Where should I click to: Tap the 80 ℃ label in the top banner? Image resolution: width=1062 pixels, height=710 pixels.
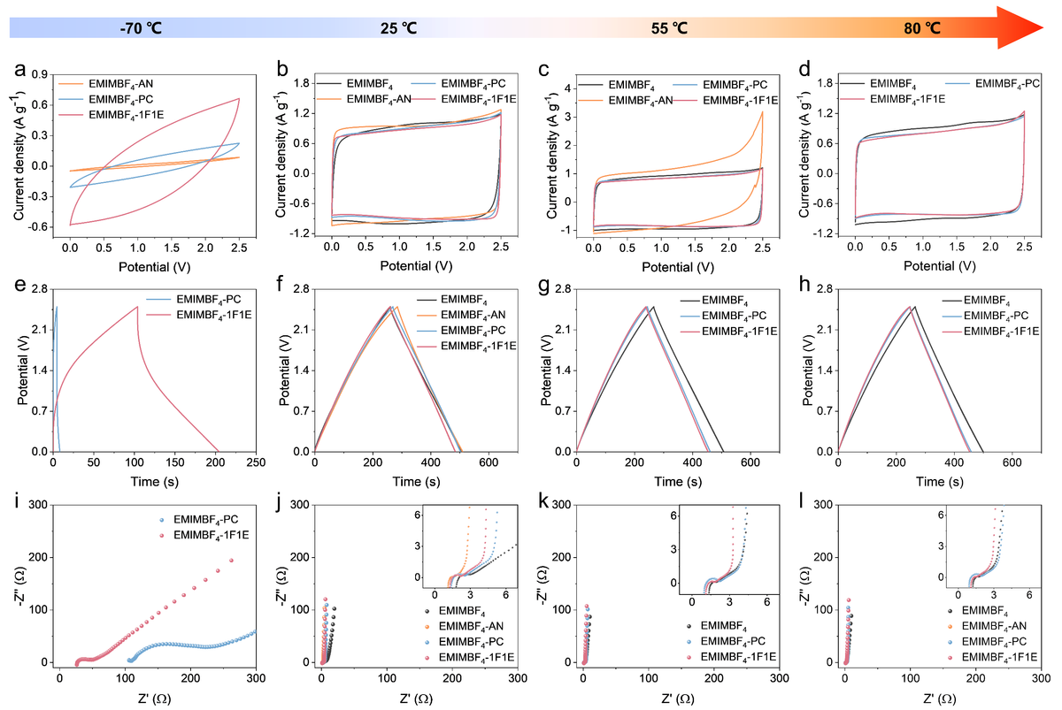(x=921, y=27)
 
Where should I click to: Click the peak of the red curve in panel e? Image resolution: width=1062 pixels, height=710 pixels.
(x=137, y=307)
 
